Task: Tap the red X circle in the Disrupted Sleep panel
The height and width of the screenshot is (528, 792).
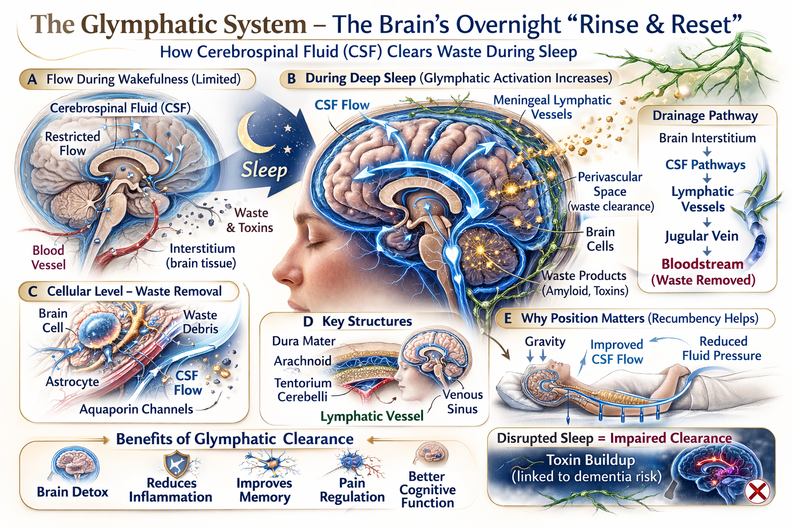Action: [757, 491]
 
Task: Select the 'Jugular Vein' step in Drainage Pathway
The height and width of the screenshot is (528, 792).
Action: [701, 236]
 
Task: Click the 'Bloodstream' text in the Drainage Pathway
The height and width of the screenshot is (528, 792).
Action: [702, 264]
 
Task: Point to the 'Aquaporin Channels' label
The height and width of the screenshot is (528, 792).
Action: [136, 409]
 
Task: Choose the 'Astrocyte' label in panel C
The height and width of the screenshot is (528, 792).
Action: [72, 382]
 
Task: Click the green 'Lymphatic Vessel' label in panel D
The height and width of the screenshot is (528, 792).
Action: [372, 416]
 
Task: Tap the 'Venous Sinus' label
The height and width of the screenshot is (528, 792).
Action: [463, 402]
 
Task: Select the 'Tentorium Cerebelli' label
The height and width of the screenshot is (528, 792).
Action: [303, 390]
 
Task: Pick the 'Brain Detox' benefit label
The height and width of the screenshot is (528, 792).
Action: [73, 492]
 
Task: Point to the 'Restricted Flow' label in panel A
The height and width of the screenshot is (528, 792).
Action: [73, 143]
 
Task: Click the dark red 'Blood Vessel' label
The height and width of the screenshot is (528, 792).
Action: [48, 257]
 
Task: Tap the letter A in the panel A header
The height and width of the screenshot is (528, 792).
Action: [32, 79]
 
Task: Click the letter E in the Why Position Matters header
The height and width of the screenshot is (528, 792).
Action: [508, 319]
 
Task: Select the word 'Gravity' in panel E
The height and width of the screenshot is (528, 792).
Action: [545, 341]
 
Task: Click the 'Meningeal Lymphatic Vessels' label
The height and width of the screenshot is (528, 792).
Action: [552, 107]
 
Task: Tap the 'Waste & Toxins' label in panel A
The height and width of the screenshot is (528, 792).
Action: [250, 220]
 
